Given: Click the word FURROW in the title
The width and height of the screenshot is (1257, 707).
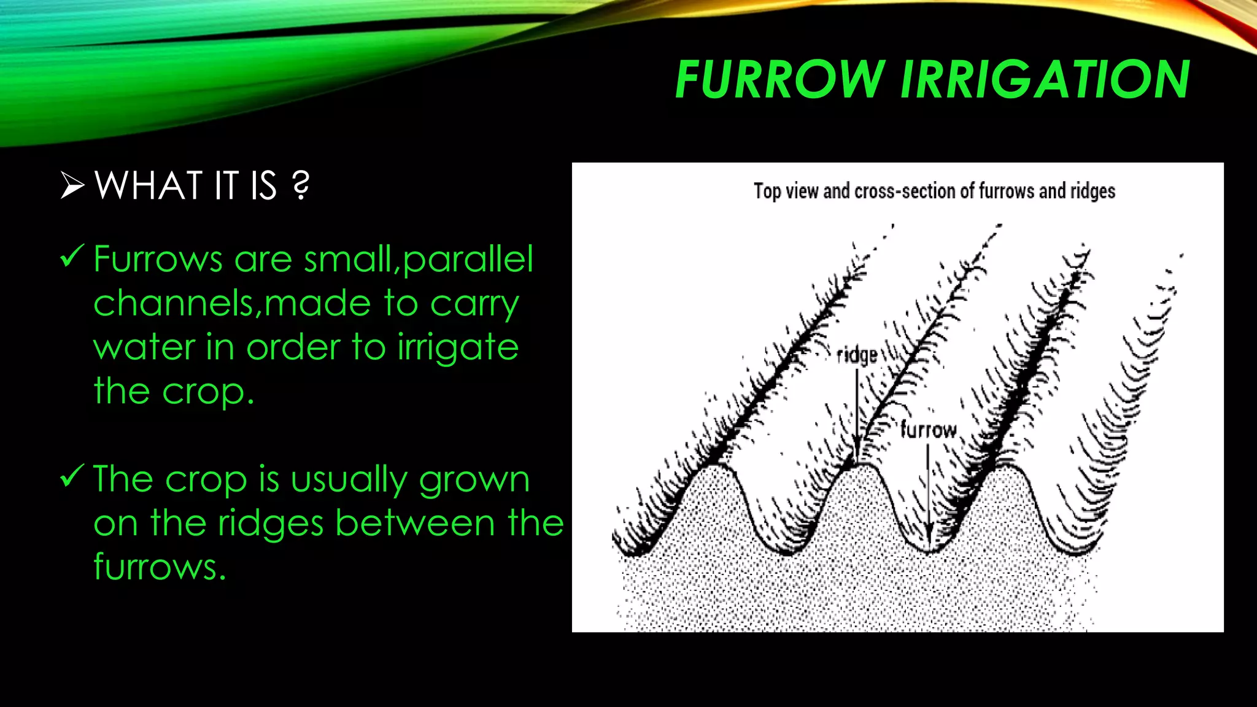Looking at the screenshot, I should [778, 80].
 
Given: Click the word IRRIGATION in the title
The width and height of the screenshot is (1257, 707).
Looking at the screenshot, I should [1045, 80].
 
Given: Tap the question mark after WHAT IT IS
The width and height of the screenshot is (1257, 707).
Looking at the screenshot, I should [301, 185].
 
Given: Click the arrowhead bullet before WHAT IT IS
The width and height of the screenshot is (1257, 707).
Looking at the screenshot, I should [72, 185].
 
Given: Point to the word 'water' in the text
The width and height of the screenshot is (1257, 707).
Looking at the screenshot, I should [144, 347].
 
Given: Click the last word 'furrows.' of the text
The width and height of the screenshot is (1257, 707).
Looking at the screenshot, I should [160, 567].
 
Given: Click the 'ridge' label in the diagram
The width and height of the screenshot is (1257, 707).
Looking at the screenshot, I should [857, 356].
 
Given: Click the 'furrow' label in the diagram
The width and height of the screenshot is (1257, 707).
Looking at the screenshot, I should [928, 430].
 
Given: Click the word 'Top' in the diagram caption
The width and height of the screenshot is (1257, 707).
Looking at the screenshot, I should [767, 191].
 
